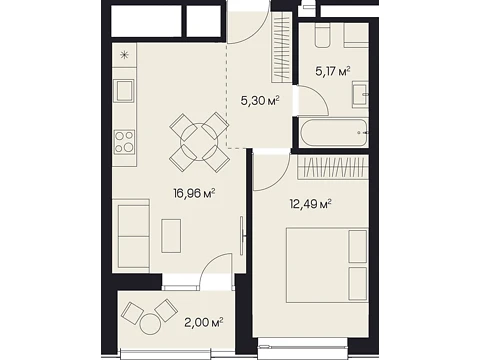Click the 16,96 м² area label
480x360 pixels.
194,193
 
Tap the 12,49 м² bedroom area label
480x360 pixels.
310,204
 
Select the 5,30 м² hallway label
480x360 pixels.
260,101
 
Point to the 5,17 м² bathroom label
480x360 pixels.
332,71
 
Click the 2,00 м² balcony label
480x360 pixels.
204,322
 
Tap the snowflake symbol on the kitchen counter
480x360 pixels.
124,55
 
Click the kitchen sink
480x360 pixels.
124,91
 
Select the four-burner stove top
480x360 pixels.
124,142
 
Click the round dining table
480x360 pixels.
199,142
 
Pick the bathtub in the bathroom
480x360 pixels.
333,133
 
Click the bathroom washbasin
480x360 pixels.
359,95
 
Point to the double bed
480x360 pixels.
328,265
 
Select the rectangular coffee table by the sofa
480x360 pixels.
171,236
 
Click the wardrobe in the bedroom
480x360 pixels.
333,166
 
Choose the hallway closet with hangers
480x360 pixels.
281,48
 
